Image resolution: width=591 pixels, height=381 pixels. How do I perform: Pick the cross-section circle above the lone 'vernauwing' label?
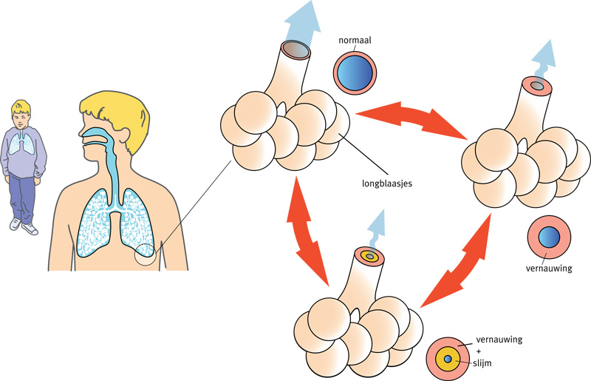[x=548, y=237]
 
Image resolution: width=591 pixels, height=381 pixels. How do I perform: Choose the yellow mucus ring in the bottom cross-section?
[x=447, y=359]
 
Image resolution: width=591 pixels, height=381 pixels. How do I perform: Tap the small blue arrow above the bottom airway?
[x=378, y=225]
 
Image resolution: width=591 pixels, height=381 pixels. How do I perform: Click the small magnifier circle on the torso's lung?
[x=144, y=254]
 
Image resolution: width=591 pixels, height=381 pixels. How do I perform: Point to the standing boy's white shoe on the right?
[x=30, y=229]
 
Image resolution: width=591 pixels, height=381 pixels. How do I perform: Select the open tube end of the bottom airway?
[x=369, y=257]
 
